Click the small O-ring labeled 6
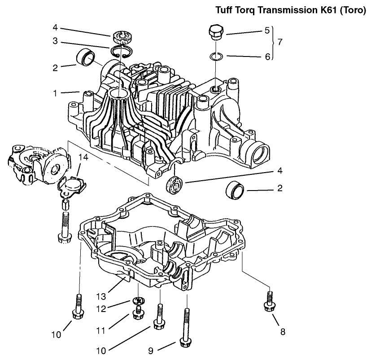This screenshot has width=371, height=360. (x=216, y=56)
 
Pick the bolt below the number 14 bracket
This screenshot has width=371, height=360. (x=62, y=226)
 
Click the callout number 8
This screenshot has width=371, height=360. (x=282, y=332)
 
